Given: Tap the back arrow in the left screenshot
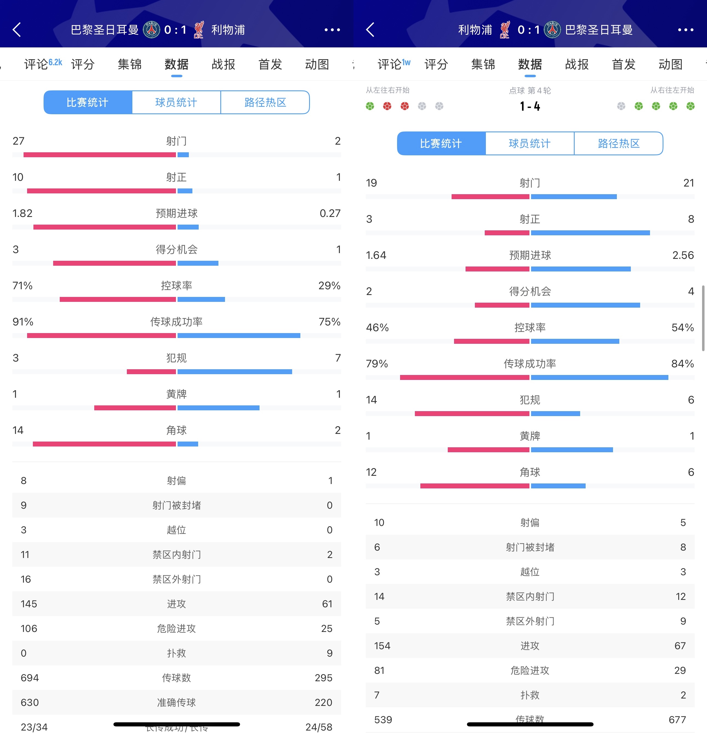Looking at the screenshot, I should point(17,30).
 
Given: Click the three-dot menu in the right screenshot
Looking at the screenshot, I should point(685,30).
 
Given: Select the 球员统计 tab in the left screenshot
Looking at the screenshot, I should point(176,102).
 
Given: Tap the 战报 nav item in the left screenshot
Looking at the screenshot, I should point(223,64).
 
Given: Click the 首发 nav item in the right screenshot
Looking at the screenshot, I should point(624,64).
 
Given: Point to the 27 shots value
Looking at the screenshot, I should point(18,141).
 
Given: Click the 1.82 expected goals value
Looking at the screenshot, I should point(22,213).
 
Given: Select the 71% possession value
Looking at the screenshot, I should point(22,286).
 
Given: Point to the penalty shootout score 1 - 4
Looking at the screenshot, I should point(530,107).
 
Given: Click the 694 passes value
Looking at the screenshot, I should point(30,678).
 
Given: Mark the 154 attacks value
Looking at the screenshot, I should point(382,646).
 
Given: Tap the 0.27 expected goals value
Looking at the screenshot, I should point(330,213).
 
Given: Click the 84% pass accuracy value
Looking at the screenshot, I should point(682,363).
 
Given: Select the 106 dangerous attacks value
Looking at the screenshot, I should point(29,628).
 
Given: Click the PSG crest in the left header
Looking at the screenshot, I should point(152,30).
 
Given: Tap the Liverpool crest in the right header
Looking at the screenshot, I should point(504,30).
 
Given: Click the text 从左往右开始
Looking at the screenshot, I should point(387,90).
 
